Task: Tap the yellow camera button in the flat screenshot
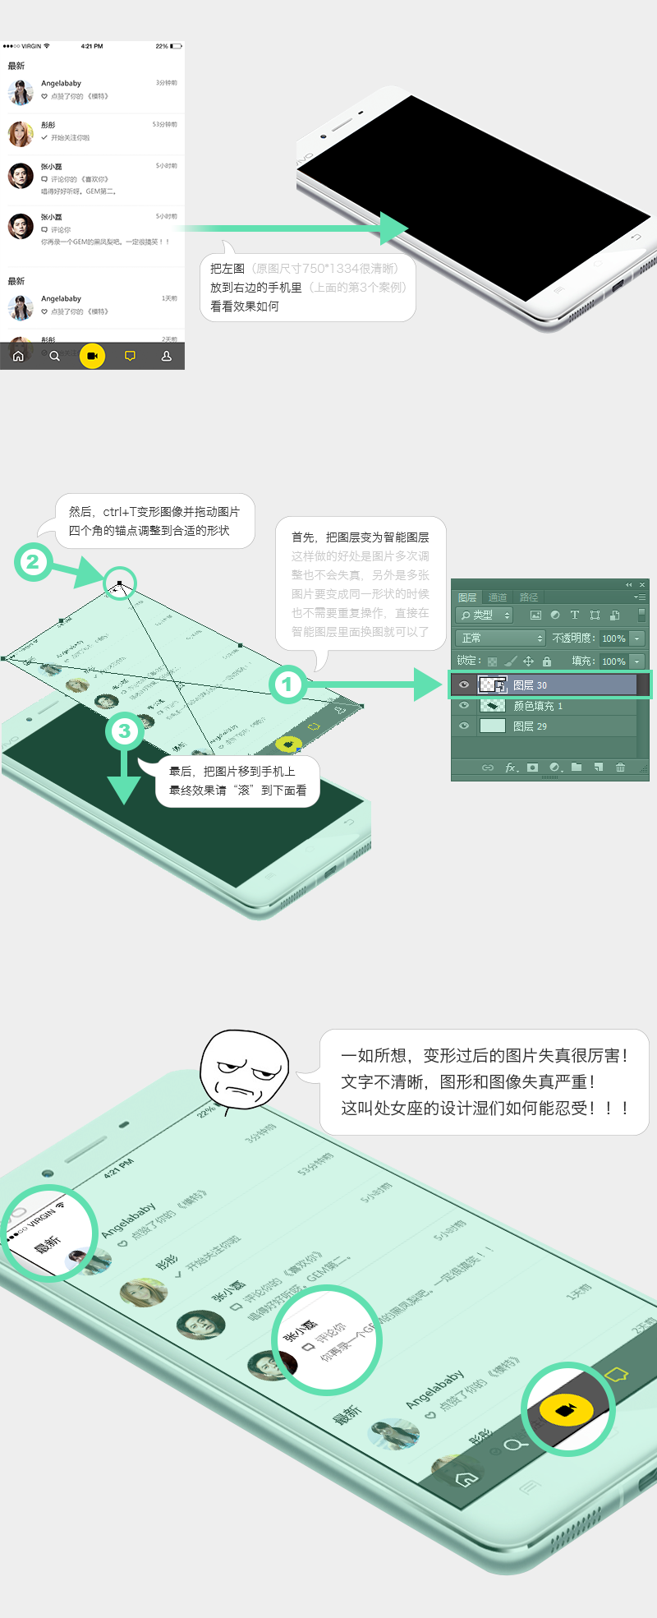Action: pos(92,356)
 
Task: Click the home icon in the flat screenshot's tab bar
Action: pos(18,357)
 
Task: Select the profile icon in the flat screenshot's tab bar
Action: pos(166,357)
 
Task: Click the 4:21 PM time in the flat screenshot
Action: pos(92,46)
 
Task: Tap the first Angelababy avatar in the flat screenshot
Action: pos(21,92)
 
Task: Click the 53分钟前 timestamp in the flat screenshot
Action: pos(164,125)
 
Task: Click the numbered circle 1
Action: pos(287,684)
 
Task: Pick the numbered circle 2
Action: pos(33,562)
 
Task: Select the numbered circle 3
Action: pos(125,731)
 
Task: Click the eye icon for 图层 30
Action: pos(464,685)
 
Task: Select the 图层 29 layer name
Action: pos(530,726)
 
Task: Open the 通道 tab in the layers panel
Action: pos(498,597)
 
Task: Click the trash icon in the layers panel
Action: pos(620,768)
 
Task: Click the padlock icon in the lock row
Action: pos(547,661)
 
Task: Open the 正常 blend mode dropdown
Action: pos(499,638)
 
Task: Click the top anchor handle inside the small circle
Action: pos(120,583)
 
